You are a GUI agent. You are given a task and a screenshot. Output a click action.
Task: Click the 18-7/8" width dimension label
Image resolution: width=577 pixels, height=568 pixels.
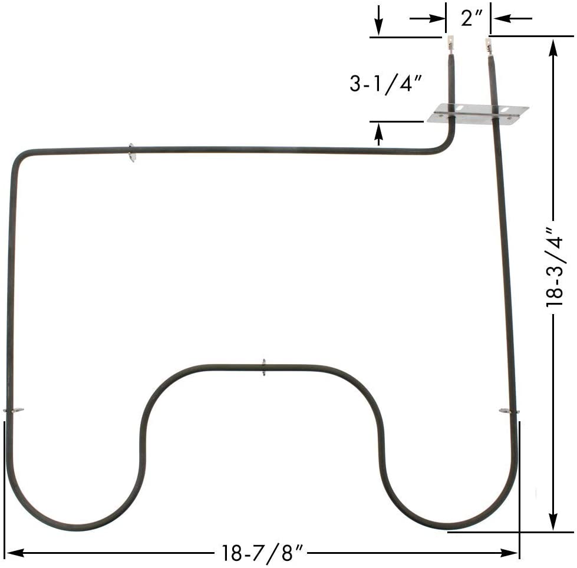262,553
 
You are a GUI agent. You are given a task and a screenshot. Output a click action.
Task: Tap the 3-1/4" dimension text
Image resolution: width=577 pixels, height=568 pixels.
386,84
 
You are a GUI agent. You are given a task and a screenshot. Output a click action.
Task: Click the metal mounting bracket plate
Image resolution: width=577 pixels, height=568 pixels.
477,113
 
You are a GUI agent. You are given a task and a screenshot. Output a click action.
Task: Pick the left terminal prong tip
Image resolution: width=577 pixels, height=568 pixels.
451,42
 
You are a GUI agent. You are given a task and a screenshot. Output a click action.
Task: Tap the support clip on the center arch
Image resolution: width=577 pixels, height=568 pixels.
263,368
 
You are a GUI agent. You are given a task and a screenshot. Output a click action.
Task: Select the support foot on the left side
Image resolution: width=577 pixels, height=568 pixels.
13,410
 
